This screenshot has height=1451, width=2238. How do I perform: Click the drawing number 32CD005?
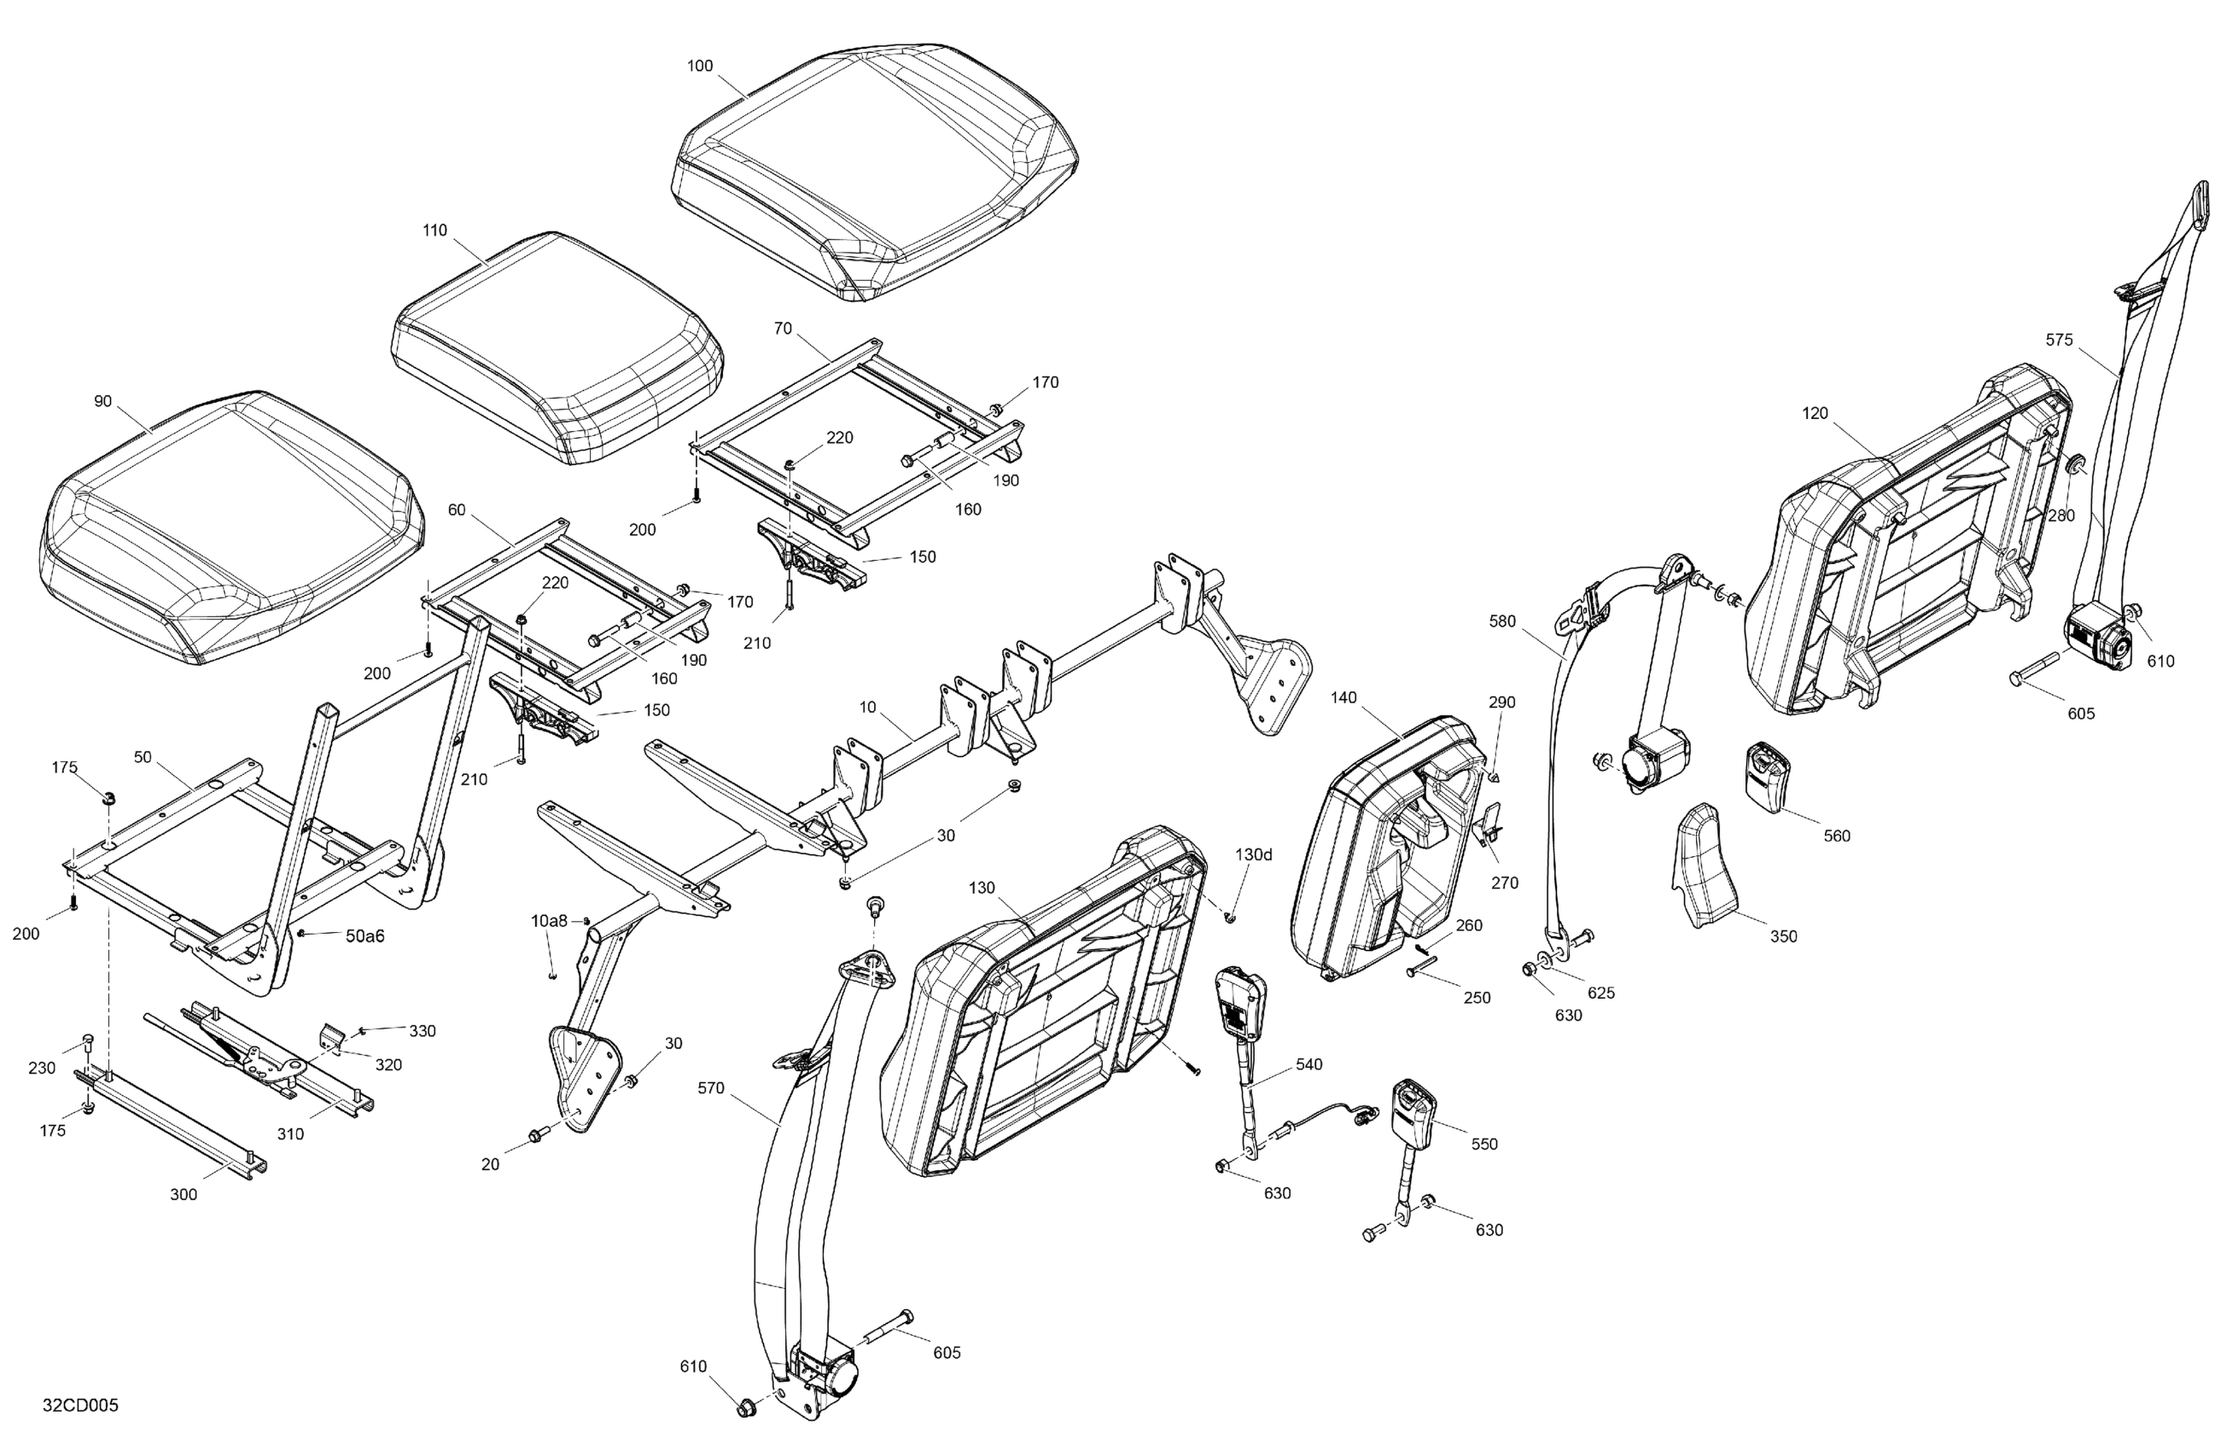80,1406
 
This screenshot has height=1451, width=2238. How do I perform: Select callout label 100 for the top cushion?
700,66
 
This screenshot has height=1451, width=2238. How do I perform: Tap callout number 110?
434,230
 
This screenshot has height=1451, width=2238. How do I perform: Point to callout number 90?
102,401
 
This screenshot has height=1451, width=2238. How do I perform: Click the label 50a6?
364,935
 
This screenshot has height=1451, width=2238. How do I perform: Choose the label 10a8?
549,921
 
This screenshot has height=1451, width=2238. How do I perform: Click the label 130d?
1254,854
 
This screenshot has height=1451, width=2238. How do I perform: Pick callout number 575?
2060,341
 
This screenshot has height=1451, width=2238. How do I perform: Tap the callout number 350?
1783,936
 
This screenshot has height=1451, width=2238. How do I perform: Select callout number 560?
1837,836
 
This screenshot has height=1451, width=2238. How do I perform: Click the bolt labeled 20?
539,1136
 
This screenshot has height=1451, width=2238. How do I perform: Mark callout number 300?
184,1194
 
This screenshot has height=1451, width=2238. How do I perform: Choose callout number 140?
1343,697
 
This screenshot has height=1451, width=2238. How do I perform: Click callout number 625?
1600,993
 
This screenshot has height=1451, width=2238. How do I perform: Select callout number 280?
2060,516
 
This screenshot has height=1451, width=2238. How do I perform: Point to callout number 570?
711,1088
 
